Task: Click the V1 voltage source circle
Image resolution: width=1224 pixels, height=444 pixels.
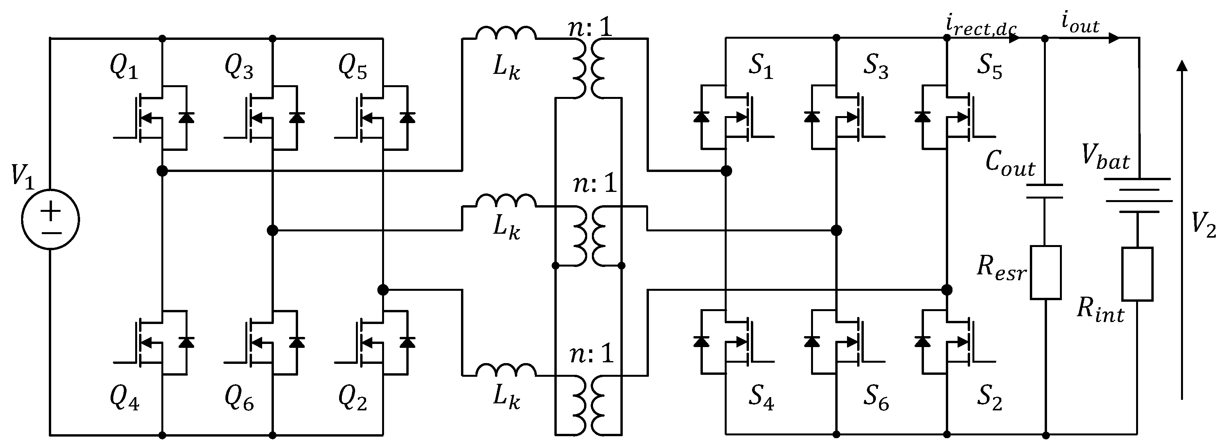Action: [50, 220]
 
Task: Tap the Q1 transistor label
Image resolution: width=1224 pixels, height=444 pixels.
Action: [124, 68]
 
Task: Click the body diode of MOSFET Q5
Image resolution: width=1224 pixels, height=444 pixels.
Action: [407, 117]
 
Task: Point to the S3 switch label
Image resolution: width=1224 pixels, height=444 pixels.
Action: [875, 67]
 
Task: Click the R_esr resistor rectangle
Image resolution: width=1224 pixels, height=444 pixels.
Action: [1045, 272]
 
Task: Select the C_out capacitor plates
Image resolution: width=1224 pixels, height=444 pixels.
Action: [1044, 191]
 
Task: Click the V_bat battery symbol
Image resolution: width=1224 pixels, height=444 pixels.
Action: [1137, 195]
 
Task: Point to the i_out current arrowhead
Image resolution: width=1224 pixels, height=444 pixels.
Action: [1114, 38]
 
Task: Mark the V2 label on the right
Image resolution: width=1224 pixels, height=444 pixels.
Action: [1204, 225]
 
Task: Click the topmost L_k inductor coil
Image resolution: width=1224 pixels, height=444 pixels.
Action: [506, 33]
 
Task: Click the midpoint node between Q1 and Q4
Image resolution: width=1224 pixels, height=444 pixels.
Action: [162, 171]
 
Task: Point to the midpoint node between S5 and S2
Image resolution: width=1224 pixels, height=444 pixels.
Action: [947, 290]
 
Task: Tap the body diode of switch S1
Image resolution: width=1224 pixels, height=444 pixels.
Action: [701, 117]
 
